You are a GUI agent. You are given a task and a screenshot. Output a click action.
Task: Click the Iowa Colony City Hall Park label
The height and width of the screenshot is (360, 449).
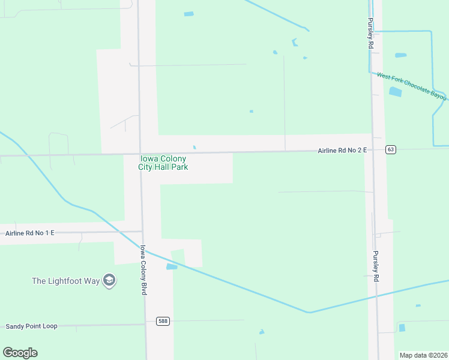(x=163, y=163)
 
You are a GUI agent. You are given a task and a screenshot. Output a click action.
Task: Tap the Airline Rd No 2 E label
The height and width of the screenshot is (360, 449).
(x=342, y=151)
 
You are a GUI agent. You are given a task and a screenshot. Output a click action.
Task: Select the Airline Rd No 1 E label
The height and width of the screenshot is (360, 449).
(x=30, y=233)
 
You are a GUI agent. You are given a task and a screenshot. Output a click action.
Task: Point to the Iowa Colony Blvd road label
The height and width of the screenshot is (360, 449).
(x=143, y=269)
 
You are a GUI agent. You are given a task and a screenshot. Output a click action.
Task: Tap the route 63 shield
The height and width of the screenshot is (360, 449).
(x=391, y=149)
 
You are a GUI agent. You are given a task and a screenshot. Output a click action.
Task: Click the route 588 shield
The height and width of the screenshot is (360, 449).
(x=163, y=321)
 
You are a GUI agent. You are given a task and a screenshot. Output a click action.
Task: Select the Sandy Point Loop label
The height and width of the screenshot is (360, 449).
(x=31, y=326)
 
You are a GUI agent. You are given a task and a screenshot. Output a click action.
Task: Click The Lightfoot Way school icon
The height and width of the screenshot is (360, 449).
(x=109, y=280)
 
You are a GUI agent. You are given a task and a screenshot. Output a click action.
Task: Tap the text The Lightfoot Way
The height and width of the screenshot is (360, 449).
(x=66, y=281)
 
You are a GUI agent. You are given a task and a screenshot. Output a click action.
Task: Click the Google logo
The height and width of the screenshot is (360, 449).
(x=20, y=353)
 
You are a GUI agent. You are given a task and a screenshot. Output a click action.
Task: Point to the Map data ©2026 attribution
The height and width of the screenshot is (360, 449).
(x=423, y=355)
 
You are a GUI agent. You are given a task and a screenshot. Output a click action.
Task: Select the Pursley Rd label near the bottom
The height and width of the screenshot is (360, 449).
(x=376, y=266)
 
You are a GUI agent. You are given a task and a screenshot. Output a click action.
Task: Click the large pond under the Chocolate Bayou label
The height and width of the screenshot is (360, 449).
(x=395, y=92)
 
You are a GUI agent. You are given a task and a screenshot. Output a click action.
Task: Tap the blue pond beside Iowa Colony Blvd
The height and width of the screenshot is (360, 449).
(x=172, y=266)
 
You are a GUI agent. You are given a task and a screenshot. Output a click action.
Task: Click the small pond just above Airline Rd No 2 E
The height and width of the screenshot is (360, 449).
(x=194, y=147)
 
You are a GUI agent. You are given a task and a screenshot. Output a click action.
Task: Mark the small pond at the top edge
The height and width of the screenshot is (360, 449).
(x=189, y=14)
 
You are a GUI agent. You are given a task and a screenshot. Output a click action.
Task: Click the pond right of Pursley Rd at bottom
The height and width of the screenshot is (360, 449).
(x=402, y=328)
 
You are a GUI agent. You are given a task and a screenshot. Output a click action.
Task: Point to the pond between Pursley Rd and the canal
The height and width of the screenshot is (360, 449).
(x=400, y=55)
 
